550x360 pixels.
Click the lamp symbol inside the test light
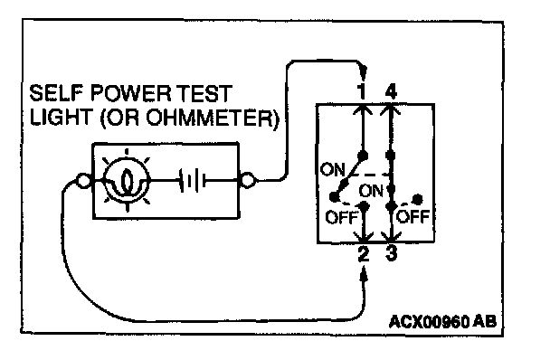click(x=127, y=180)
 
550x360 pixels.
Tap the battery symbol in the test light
click(x=192, y=180)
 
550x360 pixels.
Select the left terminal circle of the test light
click(x=83, y=181)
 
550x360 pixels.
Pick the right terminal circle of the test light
click(x=248, y=180)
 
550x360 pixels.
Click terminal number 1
click(x=363, y=91)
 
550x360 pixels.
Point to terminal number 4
click(x=391, y=91)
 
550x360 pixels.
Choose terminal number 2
click(x=364, y=253)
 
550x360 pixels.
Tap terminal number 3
click(x=391, y=253)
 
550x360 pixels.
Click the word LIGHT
click(x=60, y=117)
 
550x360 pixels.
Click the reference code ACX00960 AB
click(x=443, y=321)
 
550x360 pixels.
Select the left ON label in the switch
click(x=333, y=170)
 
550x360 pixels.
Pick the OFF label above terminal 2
click(x=341, y=217)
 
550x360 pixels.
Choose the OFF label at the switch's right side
click(x=412, y=216)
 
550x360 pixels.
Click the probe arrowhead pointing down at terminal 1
click(x=364, y=72)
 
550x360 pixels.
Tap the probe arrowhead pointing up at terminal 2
click(x=365, y=274)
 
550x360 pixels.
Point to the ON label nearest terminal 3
click(x=371, y=191)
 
